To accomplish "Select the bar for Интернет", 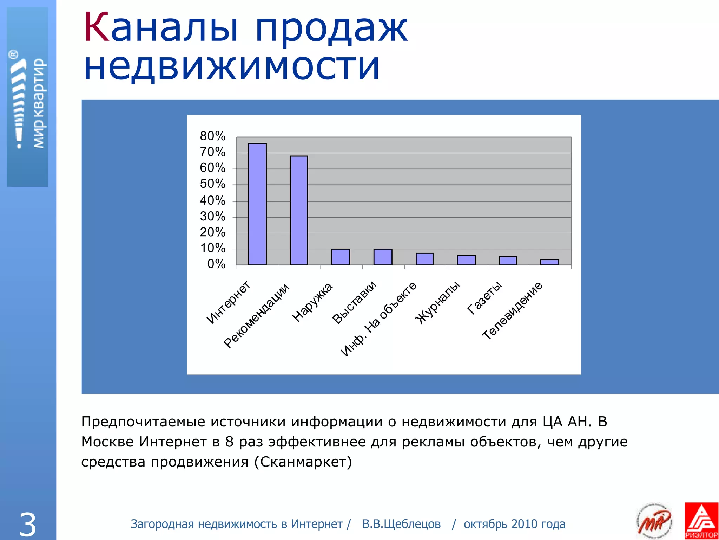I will [257, 204].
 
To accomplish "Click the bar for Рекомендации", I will [299, 210].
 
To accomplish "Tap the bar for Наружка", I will [341, 257].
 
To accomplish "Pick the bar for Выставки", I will [383, 257].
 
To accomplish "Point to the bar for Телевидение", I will [549, 262].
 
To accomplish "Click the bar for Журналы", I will [466, 260].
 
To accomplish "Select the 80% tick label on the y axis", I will [212, 136].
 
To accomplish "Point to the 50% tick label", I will [212, 184].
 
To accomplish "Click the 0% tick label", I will [216, 264].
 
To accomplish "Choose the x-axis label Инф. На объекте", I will [378, 319].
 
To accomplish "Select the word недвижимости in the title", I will [232, 67].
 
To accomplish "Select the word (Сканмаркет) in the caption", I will [303, 462].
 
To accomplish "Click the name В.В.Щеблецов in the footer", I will [401, 524].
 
